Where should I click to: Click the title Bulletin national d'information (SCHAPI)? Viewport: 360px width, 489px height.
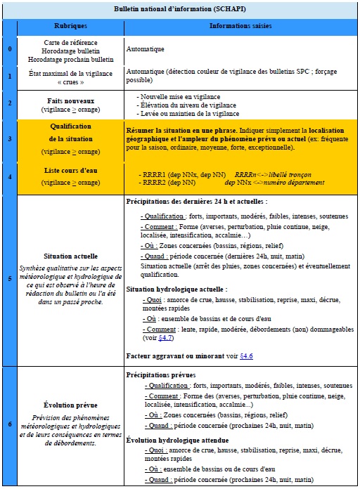[181, 9]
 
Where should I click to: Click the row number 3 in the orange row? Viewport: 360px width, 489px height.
[9, 139]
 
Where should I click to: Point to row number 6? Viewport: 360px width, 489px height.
[9, 424]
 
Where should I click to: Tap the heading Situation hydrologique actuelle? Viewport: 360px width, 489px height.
[175, 289]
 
